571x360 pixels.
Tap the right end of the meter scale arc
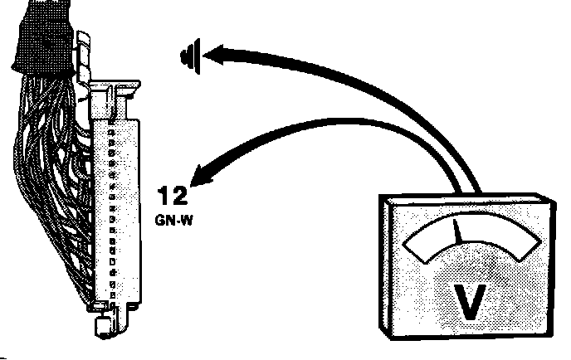click(527, 250)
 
